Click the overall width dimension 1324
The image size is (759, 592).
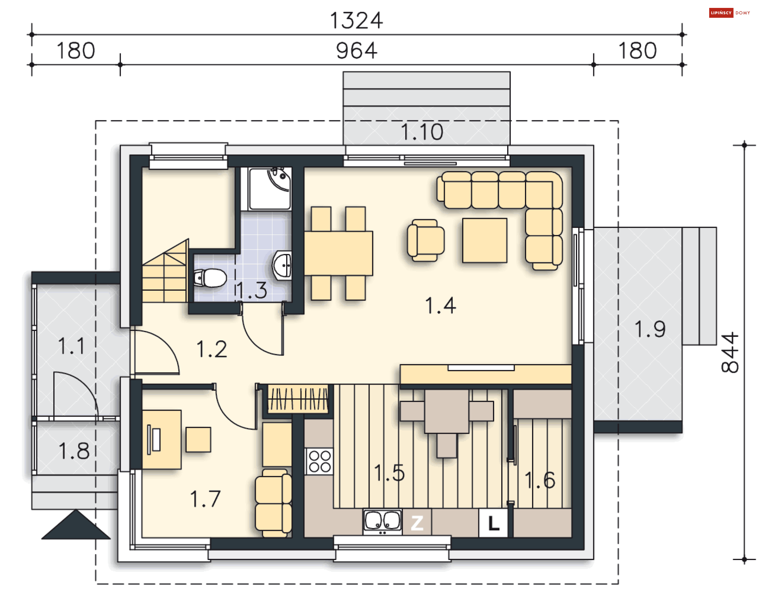[x=356, y=21]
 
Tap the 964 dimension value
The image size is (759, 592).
[x=357, y=51]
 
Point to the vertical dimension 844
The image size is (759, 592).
[x=730, y=352]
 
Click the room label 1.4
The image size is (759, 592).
[x=440, y=306]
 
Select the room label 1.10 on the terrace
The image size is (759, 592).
[x=422, y=132]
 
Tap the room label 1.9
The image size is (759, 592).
[x=650, y=329]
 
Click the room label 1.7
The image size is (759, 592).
[x=205, y=499]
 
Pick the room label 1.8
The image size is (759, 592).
[x=74, y=451]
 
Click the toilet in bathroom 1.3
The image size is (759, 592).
[x=210, y=278]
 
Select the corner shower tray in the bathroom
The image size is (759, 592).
[x=270, y=189]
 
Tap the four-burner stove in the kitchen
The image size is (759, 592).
[x=319, y=461]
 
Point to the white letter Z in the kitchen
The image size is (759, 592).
[x=417, y=523]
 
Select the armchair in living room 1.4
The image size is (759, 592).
[x=425, y=240]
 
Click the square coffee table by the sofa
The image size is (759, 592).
[x=485, y=241]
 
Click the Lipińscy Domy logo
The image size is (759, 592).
[x=730, y=13]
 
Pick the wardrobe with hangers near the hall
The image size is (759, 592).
[x=298, y=399]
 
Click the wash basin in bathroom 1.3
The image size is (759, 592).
[x=282, y=265]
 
